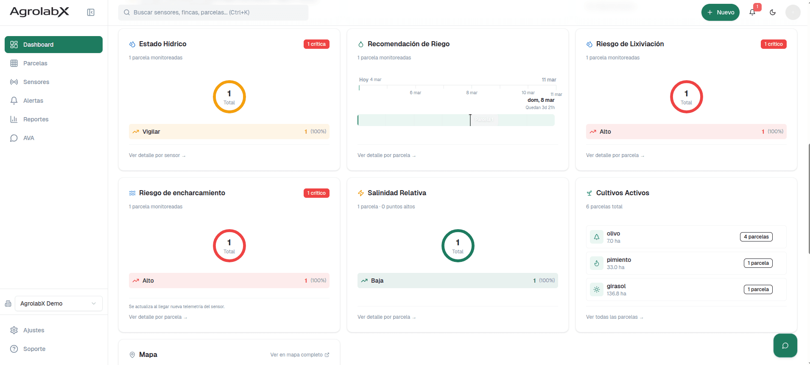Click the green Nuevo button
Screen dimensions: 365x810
[x=720, y=12]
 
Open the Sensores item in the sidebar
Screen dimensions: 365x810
[x=36, y=82]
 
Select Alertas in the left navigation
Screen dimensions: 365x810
[x=33, y=101]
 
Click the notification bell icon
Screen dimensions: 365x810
[x=752, y=12]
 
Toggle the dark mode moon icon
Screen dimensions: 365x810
[x=773, y=12]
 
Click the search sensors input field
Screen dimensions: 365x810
[x=213, y=12]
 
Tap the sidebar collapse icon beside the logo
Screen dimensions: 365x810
[x=91, y=12]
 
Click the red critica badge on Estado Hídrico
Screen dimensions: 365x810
[x=316, y=44]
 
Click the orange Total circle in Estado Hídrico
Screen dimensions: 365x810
[x=229, y=97]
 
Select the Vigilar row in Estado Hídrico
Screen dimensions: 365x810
[x=229, y=132]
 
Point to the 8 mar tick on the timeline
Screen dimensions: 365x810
[x=472, y=93]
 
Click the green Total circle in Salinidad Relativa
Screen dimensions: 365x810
[x=458, y=246]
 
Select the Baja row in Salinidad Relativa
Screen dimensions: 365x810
[x=458, y=281]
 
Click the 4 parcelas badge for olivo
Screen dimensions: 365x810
[x=756, y=237]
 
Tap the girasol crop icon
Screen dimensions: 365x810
[x=597, y=289]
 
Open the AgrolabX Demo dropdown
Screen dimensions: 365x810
[x=59, y=303]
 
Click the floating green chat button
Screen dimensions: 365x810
[x=785, y=345]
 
